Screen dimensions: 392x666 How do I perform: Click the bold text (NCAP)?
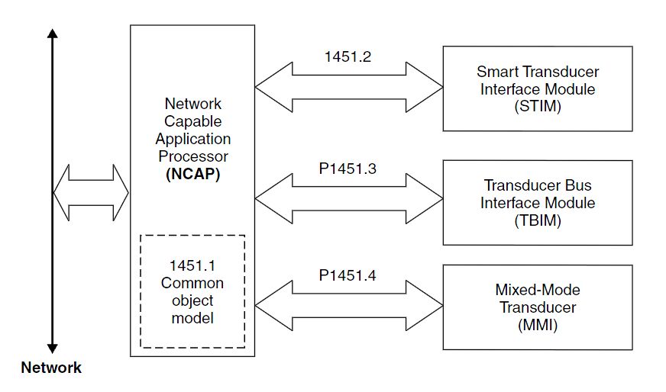pos(192,174)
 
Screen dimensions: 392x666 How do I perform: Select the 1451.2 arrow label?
pos(348,56)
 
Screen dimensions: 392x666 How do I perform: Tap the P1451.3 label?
pos(348,169)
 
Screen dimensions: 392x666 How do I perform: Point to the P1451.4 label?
pos(348,275)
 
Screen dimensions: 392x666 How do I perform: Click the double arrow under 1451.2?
pos(348,87)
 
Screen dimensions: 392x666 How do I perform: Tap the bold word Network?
pos(51,368)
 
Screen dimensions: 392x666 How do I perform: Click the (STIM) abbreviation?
pos(538,106)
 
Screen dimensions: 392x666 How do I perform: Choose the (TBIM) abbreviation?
pos(538,220)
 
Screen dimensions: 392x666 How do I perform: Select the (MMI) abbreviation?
pos(538,325)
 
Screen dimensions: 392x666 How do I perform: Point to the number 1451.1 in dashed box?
pos(192,266)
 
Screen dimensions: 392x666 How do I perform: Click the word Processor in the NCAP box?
pos(192,156)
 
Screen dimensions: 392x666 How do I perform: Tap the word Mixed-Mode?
pos(538,290)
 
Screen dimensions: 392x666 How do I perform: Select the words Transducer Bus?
pos(538,185)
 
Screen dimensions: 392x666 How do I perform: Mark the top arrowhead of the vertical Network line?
pos(52,34)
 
